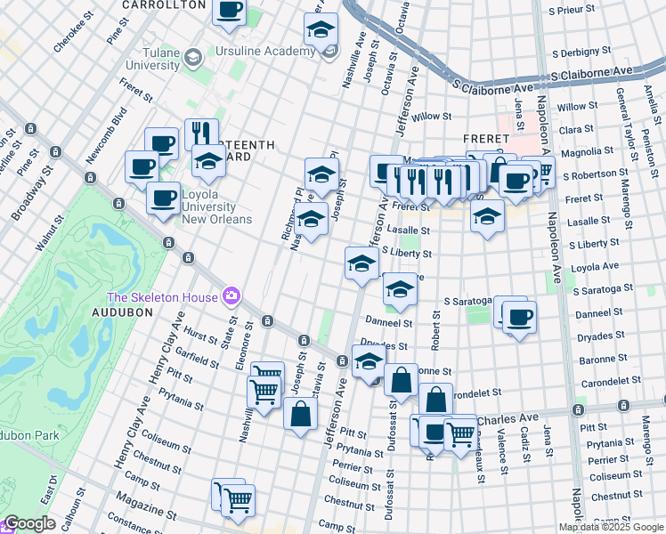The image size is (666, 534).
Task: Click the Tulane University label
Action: (140, 59)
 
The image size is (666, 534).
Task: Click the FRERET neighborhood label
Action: (485, 139)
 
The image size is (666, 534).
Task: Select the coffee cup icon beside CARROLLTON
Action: (230, 10)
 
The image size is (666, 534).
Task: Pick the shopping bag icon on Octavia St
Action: (301, 412)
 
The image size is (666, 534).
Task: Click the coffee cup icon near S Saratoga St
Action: (519, 317)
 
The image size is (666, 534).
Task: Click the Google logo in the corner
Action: (29, 524)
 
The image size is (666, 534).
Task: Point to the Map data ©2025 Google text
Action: (611, 527)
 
